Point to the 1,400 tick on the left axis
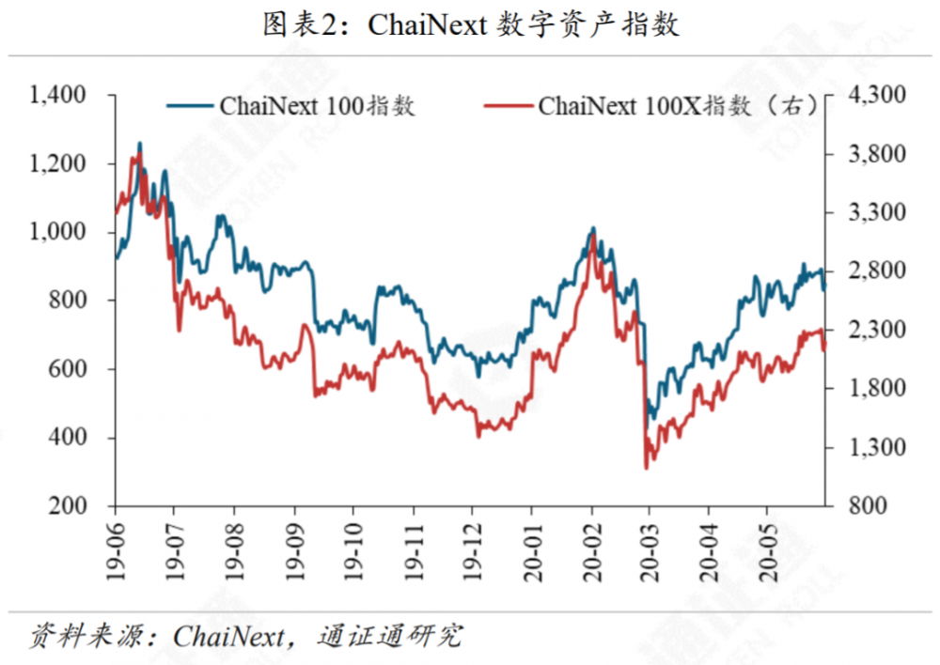tap(58, 95)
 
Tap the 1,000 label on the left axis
tap(58, 232)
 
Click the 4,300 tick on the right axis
tap(875, 95)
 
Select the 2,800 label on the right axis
tap(875, 271)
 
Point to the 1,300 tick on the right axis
tap(875, 447)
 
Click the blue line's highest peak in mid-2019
tap(140, 144)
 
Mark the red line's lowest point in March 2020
tap(647, 468)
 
